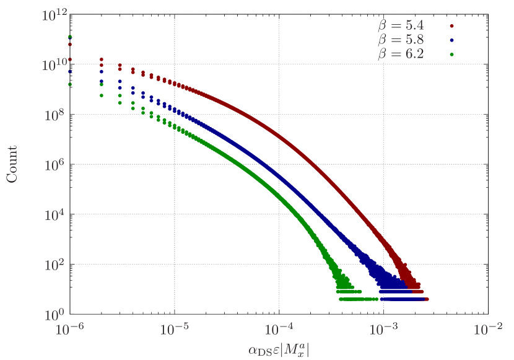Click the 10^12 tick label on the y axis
pos(55,15)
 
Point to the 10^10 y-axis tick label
pos(55,65)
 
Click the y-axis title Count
pos(12,164)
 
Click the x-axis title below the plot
pos(278,351)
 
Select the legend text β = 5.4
pos(401,26)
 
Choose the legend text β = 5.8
pos(401,40)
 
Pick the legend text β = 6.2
pos(401,54)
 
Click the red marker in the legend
pos(452,26)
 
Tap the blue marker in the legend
pos(452,40)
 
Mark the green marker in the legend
pos(452,54)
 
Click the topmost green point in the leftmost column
pos(70,37)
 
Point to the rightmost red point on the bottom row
pos(427,299)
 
